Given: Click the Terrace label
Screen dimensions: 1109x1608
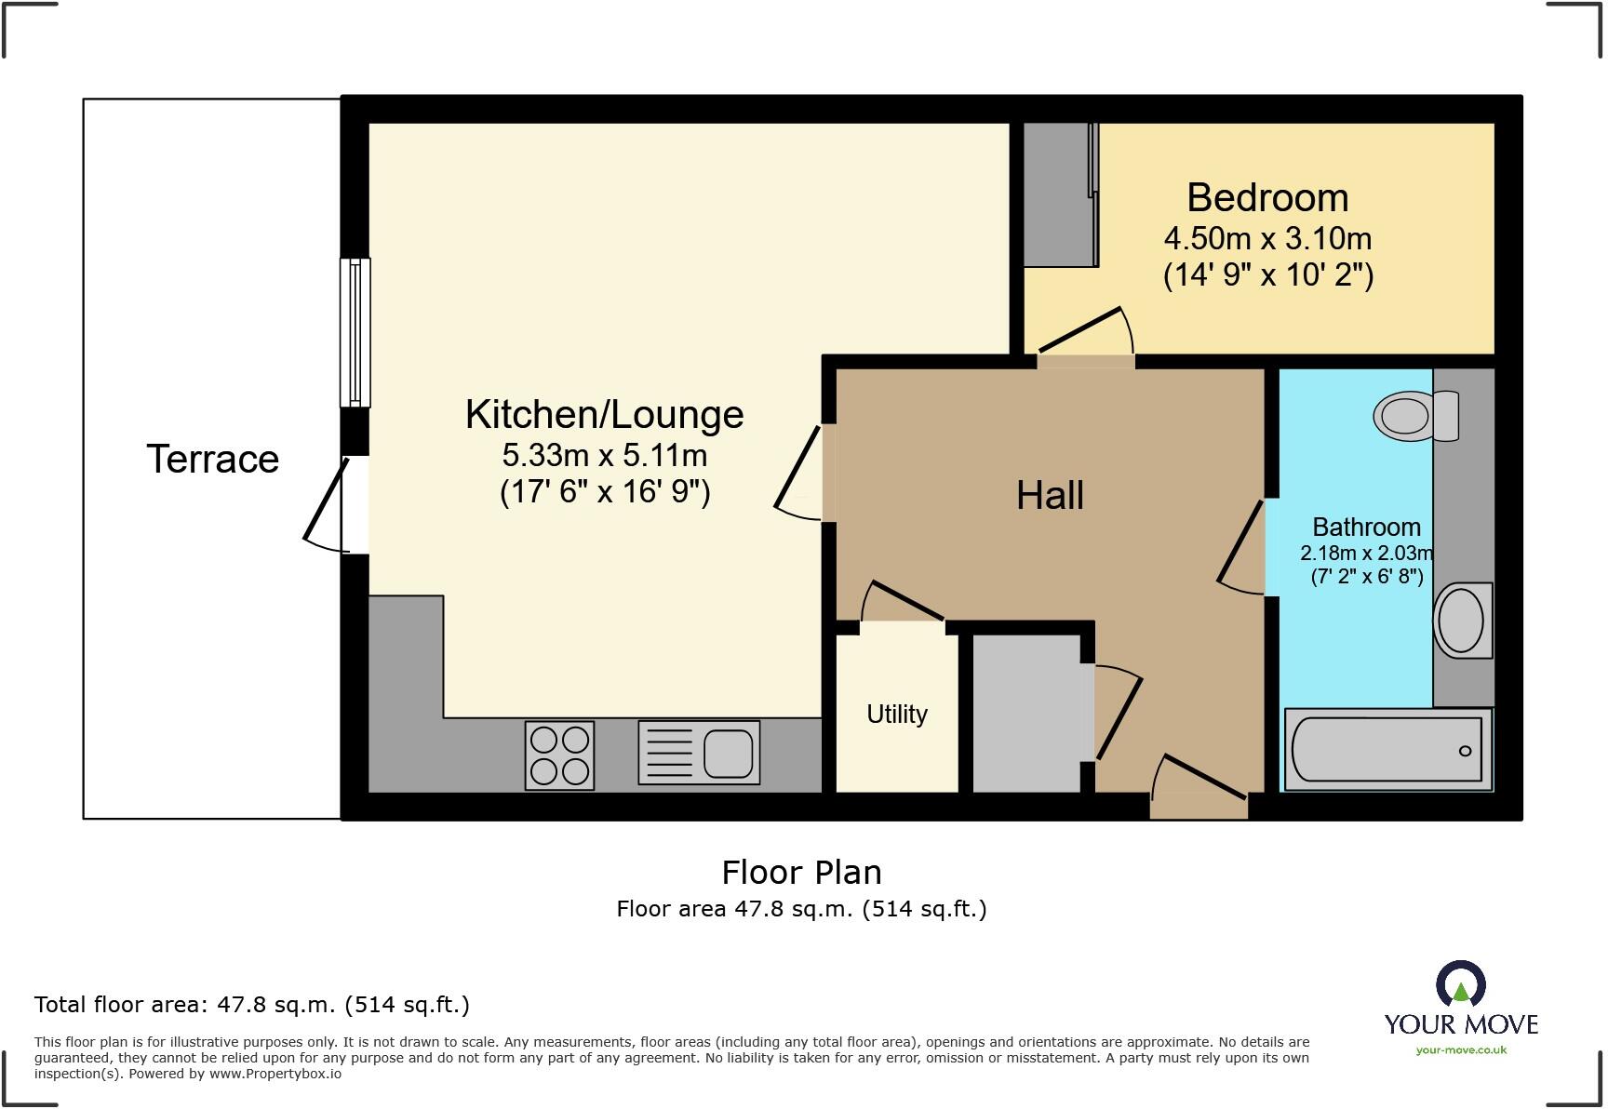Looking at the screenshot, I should click(212, 459).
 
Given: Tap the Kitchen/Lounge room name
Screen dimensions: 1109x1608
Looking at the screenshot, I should click(604, 414).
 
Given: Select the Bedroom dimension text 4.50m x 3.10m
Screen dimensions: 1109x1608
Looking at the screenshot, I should click(1267, 239).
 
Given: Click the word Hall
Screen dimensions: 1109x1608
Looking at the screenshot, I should click(1050, 495).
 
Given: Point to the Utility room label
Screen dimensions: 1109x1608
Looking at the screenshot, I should click(897, 714).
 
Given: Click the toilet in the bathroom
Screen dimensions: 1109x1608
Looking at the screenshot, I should click(1414, 415).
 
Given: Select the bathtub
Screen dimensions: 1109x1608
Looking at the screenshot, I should click(1387, 750).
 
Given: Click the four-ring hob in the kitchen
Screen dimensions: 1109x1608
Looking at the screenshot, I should click(559, 755).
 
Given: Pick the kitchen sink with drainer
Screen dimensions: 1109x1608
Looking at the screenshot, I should click(698, 752).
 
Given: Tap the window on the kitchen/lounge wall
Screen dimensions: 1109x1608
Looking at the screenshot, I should click(355, 332).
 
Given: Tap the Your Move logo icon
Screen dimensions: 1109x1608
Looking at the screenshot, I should click(1460, 984).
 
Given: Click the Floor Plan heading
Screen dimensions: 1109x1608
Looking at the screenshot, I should click(801, 873).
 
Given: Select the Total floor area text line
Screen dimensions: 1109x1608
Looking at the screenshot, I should click(251, 1005).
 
